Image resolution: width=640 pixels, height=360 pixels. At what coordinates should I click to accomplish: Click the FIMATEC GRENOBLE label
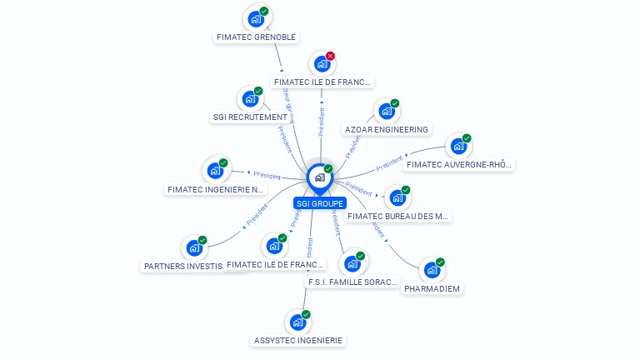tap(256, 37)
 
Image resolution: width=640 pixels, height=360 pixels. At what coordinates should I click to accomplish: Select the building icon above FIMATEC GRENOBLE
tap(256, 18)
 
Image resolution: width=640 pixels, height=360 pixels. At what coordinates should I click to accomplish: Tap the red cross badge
tap(330, 56)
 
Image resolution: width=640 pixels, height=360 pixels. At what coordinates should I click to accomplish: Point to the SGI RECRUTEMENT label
tap(250, 117)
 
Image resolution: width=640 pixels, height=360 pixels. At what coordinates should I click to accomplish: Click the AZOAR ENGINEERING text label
tap(387, 130)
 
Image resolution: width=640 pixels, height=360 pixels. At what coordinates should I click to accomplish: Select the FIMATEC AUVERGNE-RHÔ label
tap(458, 164)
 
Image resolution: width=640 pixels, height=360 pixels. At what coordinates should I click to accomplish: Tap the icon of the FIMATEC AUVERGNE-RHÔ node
tap(458, 147)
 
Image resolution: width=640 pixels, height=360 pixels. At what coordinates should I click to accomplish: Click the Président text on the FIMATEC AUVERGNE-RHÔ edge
tap(389, 163)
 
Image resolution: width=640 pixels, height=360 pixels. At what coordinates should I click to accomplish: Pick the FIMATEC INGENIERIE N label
tap(215, 189)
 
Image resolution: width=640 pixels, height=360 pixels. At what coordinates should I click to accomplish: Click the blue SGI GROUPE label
tap(320, 203)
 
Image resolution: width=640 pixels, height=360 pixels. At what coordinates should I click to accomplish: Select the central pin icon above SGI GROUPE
tap(319, 177)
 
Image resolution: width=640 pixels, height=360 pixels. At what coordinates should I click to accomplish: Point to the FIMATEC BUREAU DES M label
tap(398, 216)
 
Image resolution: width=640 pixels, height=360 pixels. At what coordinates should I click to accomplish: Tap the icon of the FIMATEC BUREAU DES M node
tap(397, 197)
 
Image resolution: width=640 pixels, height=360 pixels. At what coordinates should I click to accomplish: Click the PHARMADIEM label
tap(432, 288)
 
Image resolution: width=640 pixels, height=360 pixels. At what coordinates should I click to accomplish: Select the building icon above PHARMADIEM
tap(432, 270)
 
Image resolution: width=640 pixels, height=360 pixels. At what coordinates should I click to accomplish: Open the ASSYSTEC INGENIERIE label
tap(297, 340)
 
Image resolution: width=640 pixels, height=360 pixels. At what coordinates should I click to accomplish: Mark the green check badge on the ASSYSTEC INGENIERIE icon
tap(306, 314)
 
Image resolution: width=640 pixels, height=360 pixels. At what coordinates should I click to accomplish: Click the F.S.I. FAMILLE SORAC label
tap(353, 282)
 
